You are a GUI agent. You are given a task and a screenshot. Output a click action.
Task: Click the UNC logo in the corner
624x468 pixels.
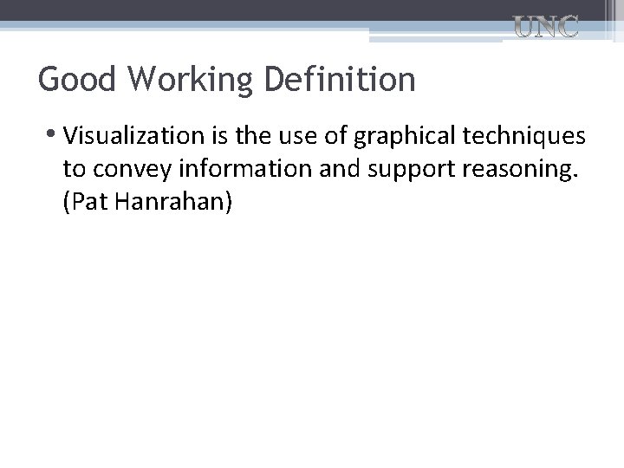click(547, 28)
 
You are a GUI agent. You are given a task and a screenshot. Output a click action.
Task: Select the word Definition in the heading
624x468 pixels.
click(340, 80)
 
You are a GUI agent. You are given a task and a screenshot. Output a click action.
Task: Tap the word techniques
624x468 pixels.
click(530, 138)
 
